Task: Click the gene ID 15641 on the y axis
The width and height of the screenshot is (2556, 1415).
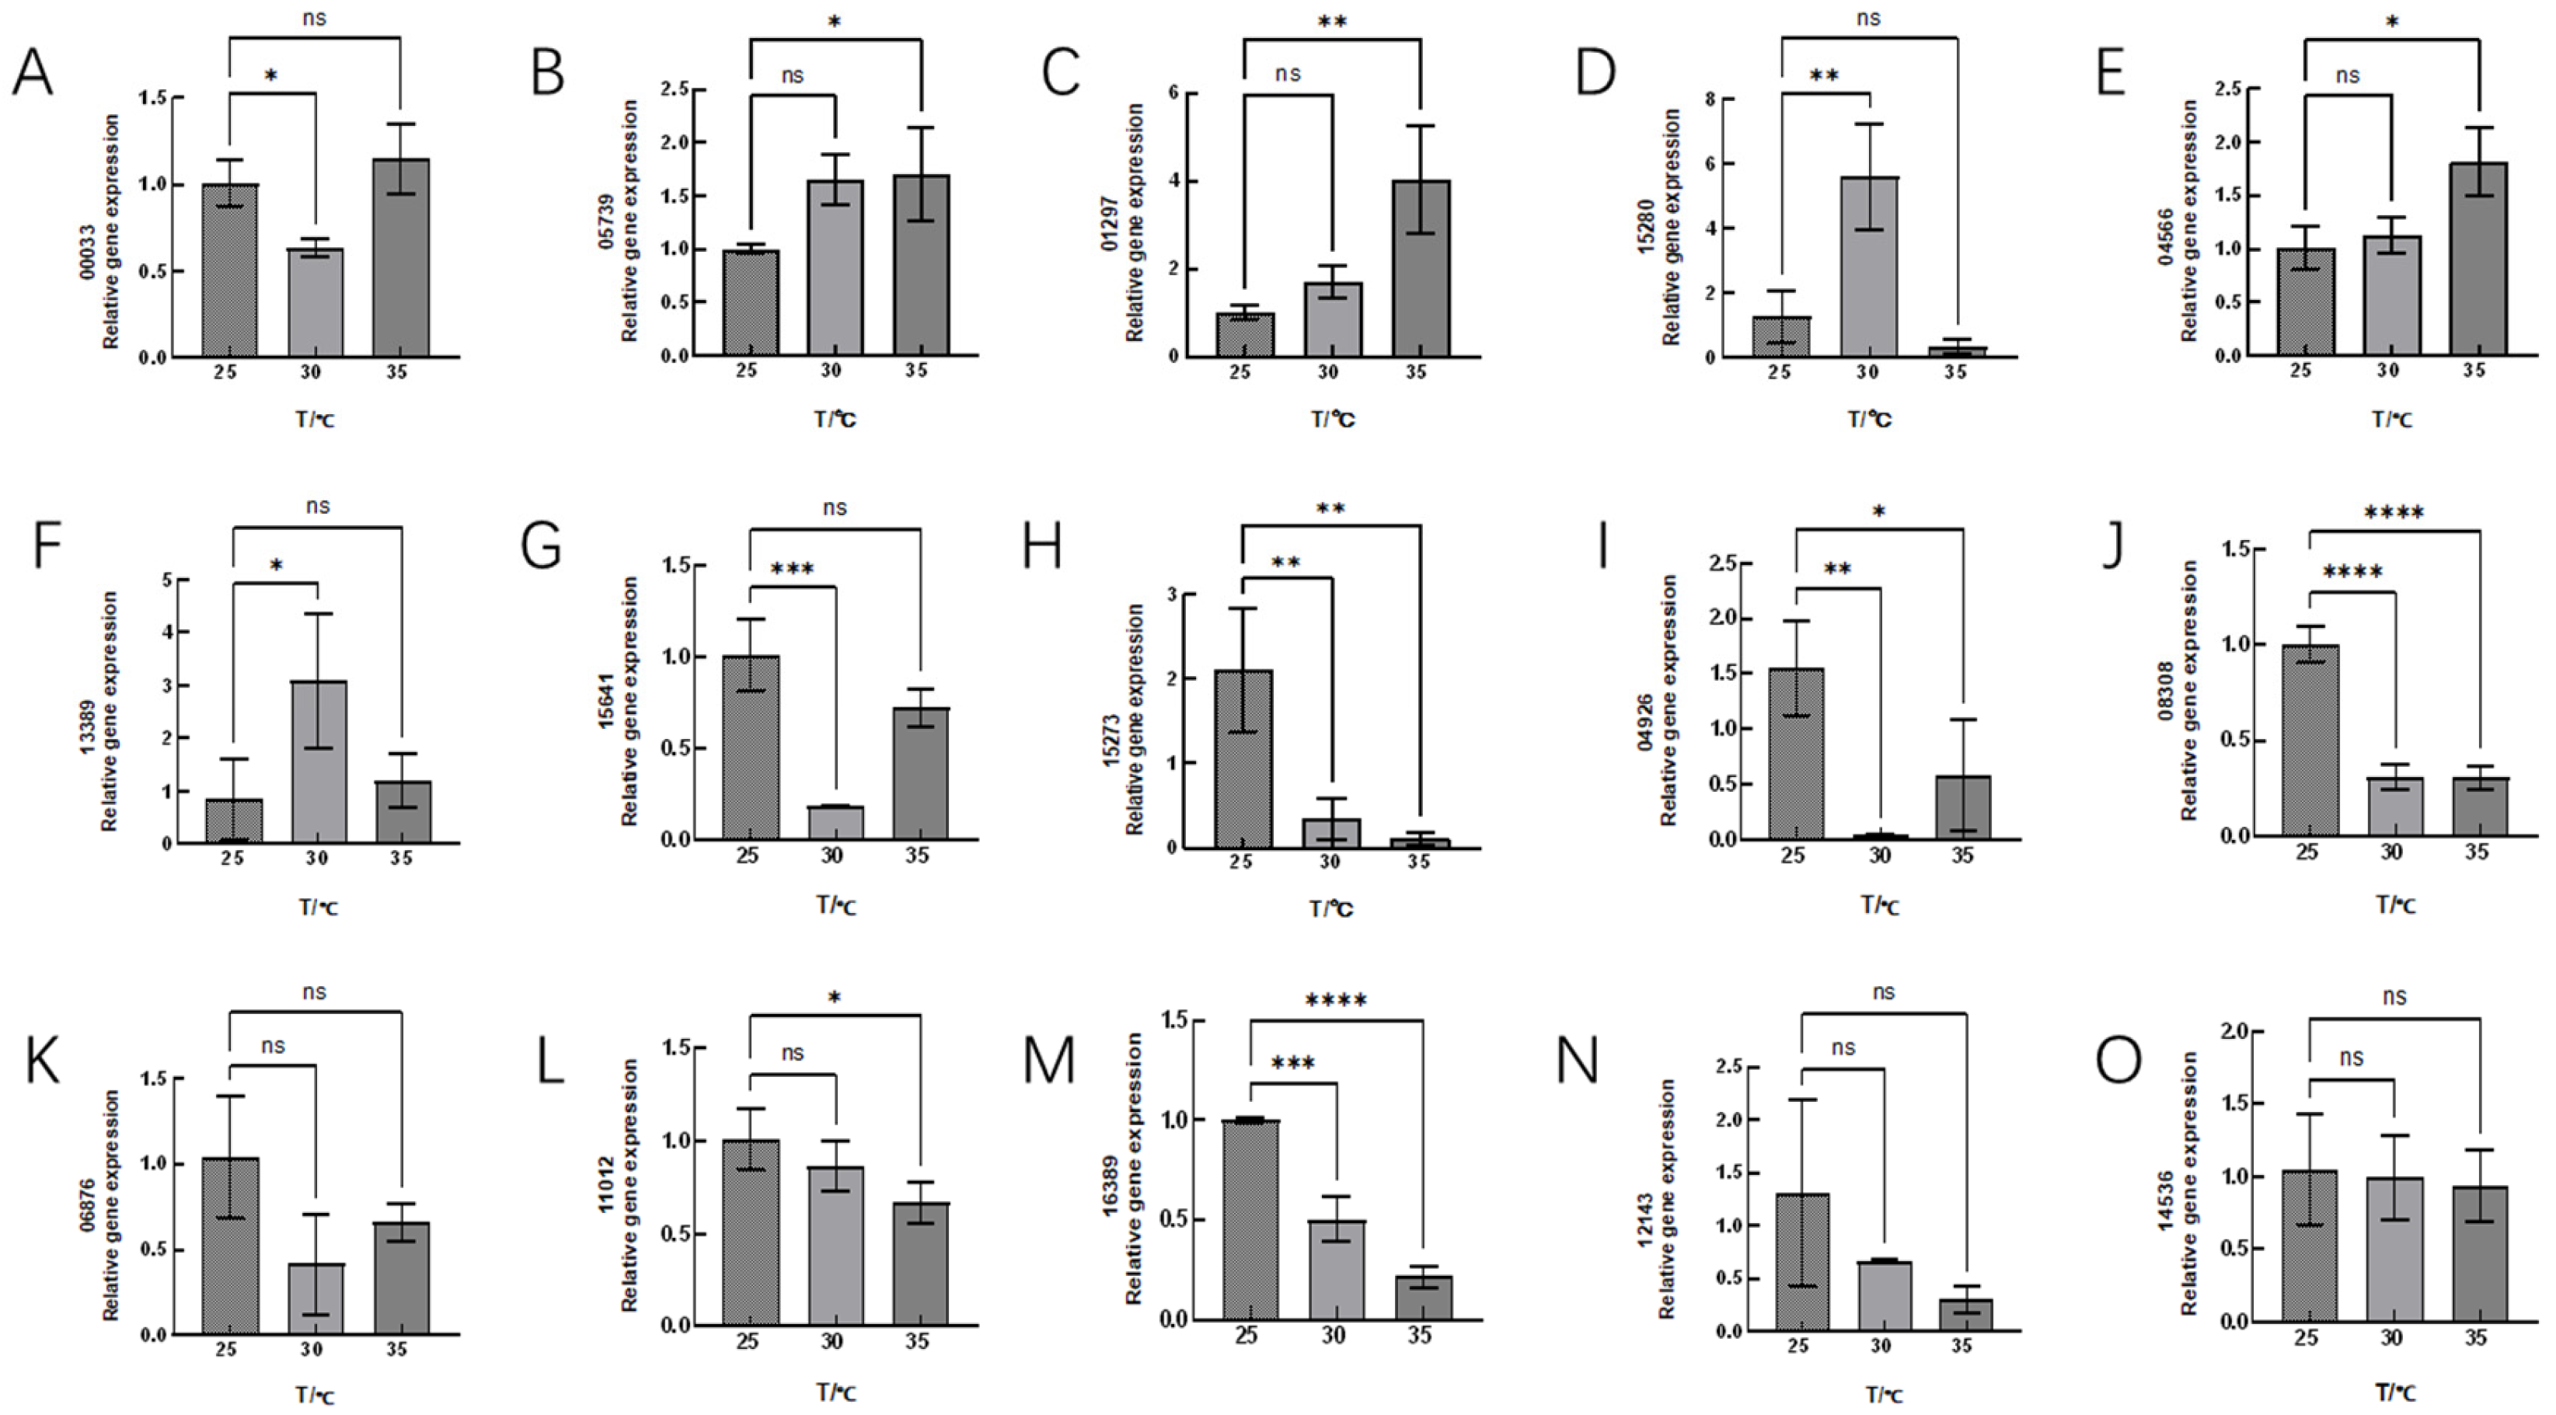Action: (x=607, y=702)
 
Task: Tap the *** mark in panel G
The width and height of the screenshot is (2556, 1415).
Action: (x=792, y=570)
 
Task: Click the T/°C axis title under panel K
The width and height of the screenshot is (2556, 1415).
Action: (x=316, y=1395)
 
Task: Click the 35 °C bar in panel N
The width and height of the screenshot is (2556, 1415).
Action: (x=1964, y=1315)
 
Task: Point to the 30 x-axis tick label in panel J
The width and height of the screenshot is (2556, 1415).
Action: (x=2391, y=852)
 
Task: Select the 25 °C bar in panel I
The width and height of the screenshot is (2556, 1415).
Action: (x=1796, y=755)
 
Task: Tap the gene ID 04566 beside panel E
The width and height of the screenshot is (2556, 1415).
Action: (x=2166, y=235)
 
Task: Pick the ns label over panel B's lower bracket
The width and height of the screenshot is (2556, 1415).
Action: (x=792, y=75)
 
